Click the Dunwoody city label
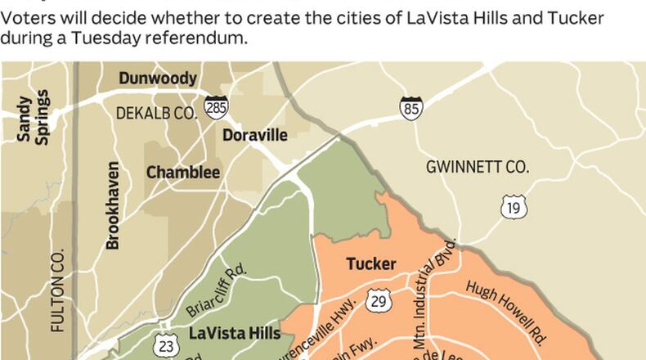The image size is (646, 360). click(x=158, y=79)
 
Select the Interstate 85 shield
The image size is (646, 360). click(x=410, y=106)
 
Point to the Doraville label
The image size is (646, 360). click(x=255, y=135)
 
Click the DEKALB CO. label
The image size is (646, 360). click(x=157, y=114)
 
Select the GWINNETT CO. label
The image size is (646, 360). click(x=478, y=167)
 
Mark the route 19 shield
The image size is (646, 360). click(x=513, y=208)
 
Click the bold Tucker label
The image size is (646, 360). click(x=371, y=264)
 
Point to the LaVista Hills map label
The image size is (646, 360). click(x=235, y=334)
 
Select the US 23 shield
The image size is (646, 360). click(x=166, y=346)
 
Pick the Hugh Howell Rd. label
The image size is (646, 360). click(x=506, y=312)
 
